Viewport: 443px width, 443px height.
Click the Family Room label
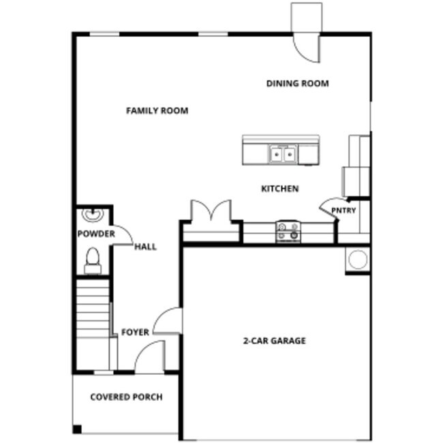pos(157,110)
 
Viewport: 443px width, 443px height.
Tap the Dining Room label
pos(297,84)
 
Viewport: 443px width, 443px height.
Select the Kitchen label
pos(280,189)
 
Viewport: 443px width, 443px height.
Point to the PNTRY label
pos(343,211)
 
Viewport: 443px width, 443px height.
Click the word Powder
pos(95,234)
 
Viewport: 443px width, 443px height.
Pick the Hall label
pos(145,247)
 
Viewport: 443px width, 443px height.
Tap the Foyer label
pos(135,333)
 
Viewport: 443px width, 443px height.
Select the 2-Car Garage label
pos(275,341)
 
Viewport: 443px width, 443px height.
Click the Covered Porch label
pos(126,397)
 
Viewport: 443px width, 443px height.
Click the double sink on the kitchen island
pos(282,155)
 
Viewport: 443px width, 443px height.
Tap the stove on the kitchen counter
pos(288,232)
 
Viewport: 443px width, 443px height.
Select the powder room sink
pos(92,215)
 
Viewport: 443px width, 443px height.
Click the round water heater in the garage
pos(357,259)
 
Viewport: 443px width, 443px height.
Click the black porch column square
pos(77,429)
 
